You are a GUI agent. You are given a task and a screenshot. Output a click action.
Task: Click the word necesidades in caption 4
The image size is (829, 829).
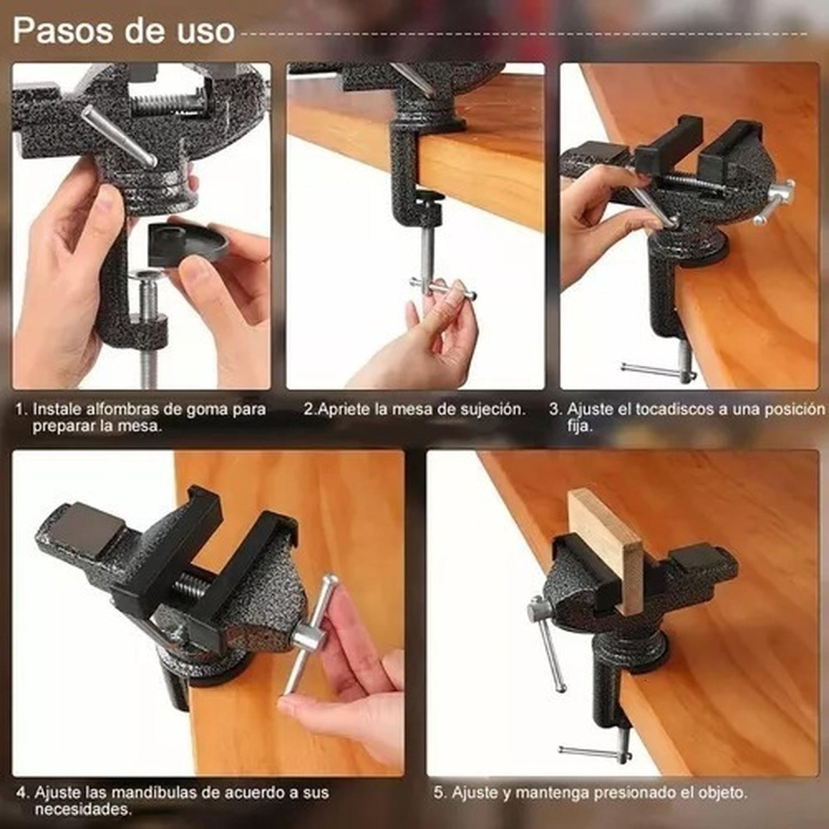82,811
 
